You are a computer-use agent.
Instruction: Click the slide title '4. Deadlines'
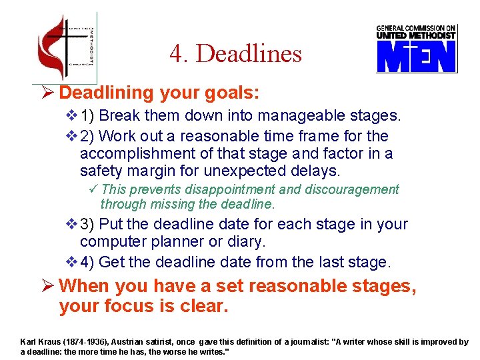coord(235,54)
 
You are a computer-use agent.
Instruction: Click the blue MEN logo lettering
coord(416,56)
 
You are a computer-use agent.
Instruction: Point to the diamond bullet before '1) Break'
coord(72,116)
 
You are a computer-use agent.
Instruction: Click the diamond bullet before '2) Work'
coord(72,136)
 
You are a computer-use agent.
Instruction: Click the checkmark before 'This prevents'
coord(93,190)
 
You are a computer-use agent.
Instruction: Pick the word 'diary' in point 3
coord(244,241)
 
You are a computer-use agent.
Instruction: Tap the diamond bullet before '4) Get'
coord(72,262)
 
